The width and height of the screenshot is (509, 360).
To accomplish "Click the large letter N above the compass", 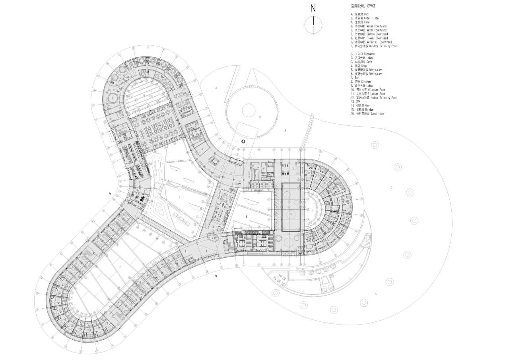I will [313, 8].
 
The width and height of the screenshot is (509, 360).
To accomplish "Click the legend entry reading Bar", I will [353, 78].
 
